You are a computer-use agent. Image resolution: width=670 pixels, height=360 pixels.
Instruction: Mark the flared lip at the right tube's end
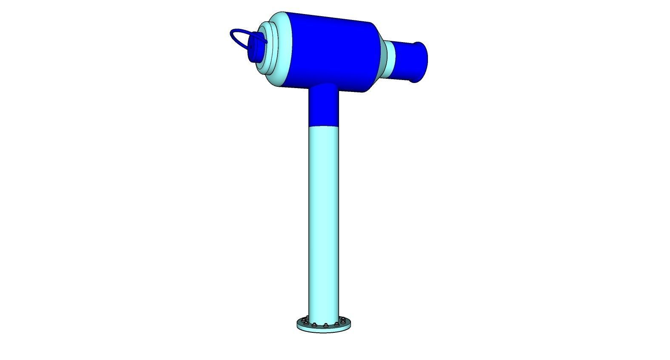(x=420, y=62)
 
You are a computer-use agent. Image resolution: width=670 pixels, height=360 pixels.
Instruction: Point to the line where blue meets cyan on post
(x=323, y=126)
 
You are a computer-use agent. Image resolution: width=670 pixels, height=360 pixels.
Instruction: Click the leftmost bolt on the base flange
(x=302, y=320)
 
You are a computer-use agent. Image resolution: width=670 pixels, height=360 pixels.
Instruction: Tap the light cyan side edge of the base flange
(x=323, y=331)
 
